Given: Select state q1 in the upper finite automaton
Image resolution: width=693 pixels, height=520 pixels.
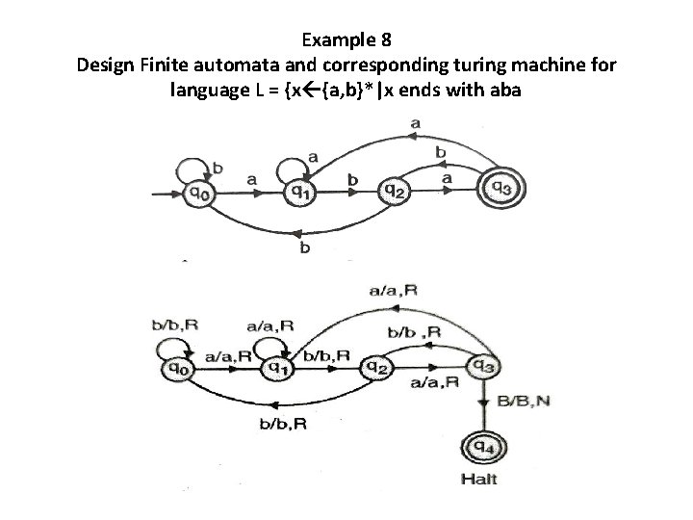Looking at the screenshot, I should coord(300,191).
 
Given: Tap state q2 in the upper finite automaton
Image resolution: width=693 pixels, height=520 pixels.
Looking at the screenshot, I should coord(393,191).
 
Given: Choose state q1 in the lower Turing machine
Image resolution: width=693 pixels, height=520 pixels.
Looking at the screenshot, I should coord(277,366).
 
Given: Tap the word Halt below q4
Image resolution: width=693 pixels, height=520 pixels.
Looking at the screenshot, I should coord(479,479).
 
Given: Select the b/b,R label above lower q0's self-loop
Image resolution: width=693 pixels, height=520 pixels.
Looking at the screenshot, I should coord(176,325).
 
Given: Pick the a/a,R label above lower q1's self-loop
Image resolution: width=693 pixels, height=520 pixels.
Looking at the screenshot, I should coord(269,326).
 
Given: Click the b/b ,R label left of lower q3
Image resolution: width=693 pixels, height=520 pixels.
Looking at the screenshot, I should coord(414,332).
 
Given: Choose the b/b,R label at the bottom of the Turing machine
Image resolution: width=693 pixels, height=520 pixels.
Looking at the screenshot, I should coord(283,423).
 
